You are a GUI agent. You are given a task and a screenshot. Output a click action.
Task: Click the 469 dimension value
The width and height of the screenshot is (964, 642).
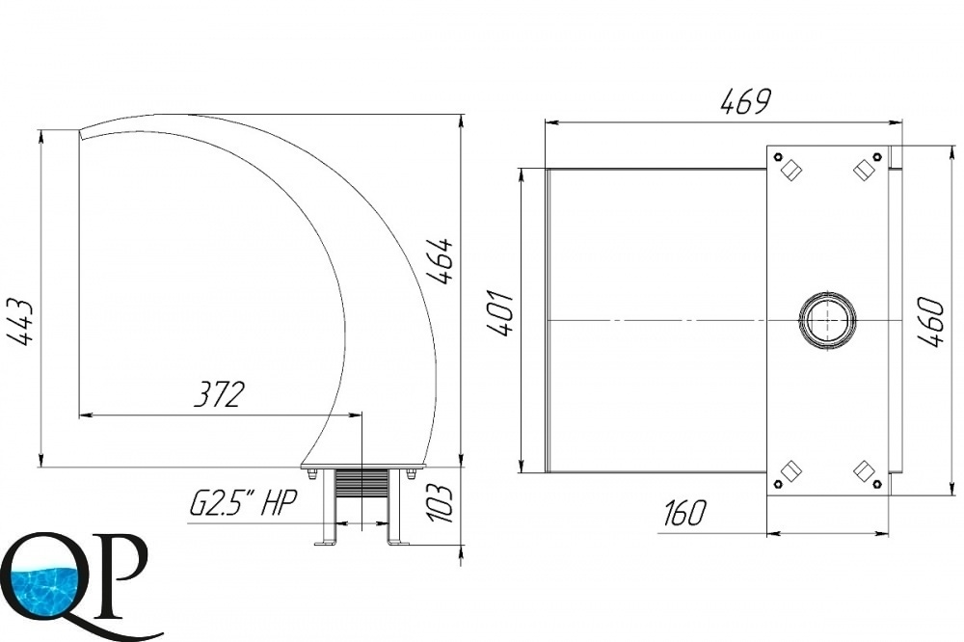[x=744, y=102]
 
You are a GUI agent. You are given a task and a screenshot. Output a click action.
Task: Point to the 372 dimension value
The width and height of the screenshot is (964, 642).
[x=220, y=395]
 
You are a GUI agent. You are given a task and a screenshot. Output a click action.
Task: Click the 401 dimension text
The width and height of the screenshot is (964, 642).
[x=500, y=313]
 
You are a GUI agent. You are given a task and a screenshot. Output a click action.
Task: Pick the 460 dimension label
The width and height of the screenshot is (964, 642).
[x=930, y=322]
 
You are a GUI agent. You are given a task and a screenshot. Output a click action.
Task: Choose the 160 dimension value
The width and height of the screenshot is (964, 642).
[x=686, y=514]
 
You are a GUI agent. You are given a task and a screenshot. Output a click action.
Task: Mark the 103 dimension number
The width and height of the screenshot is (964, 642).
[x=441, y=502]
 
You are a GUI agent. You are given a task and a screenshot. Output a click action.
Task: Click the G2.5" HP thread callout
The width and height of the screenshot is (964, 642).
[x=243, y=505]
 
